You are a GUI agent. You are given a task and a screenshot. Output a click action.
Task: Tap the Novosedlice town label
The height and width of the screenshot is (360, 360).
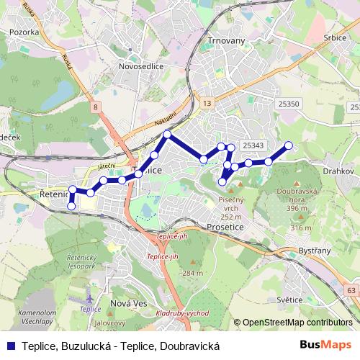141,66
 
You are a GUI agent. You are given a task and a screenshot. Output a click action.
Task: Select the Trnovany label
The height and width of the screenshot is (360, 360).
226,40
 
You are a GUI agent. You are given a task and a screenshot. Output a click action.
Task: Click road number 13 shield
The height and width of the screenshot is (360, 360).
207,104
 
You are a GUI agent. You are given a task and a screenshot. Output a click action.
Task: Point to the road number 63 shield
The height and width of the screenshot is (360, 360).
351,290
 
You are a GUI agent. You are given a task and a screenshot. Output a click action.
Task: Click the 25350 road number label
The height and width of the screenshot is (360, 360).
288,104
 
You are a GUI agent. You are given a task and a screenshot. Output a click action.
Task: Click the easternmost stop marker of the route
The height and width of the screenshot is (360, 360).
289,145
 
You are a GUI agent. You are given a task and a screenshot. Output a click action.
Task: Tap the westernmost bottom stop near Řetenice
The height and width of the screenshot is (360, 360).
71,207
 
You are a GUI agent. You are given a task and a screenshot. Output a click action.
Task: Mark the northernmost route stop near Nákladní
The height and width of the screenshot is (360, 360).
167,135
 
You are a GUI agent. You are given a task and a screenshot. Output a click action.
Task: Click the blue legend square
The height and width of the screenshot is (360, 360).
12,345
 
